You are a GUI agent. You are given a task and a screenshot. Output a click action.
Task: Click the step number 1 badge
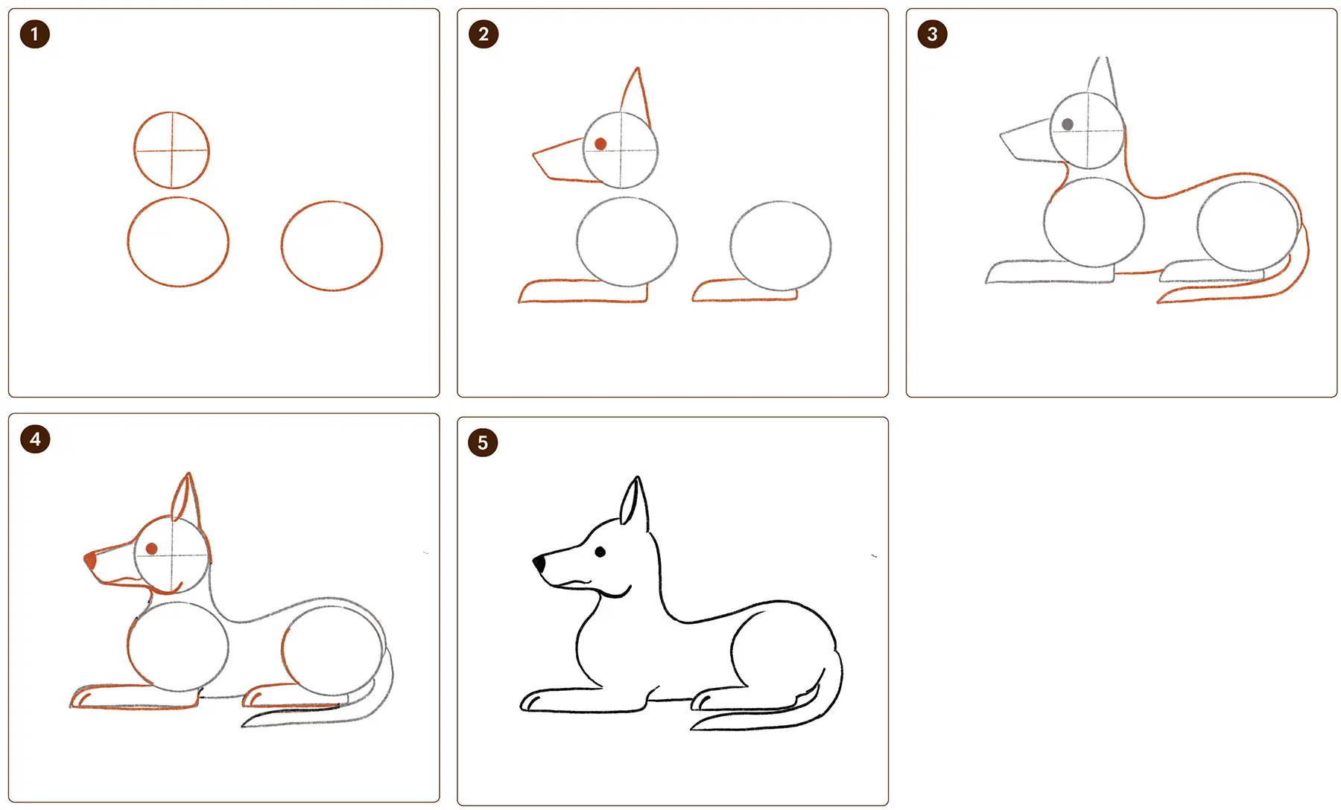point(34,34)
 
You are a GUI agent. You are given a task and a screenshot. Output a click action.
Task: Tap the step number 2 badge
point(484,34)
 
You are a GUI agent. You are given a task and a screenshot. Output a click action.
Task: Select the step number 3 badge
point(932,34)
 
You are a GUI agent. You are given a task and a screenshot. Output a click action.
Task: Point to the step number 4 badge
point(35,439)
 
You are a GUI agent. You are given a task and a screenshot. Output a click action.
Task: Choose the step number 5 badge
point(483,443)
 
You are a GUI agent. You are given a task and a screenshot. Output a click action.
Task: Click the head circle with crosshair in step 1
point(171,113)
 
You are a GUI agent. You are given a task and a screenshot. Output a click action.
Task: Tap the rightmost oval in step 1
point(332,202)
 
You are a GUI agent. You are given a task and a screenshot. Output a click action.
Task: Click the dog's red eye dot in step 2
point(600,144)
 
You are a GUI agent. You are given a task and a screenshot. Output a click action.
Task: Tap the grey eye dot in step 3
point(1068,124)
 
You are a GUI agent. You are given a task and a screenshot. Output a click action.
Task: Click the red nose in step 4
point(90,559)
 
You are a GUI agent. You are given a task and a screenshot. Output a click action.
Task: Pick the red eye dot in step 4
point(151,549)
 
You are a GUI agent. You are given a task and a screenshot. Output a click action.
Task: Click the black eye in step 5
point(600,552)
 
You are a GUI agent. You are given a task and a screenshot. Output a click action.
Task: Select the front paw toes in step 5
point(530,702)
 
